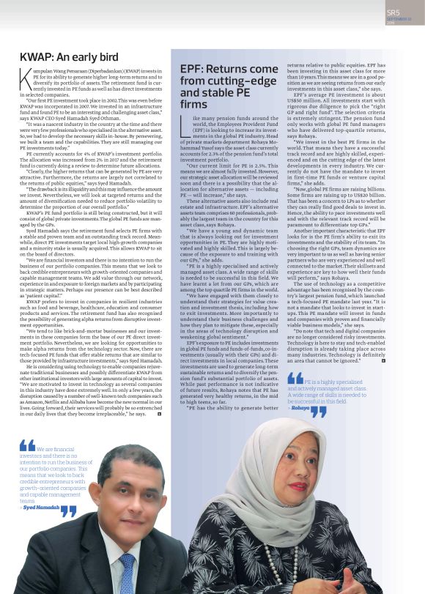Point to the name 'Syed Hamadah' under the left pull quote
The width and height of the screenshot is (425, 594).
[x=42, y=506]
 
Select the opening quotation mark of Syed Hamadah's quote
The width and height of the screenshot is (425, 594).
[x=27, y=445]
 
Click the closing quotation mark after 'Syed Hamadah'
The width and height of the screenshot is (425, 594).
[x=68, y=510]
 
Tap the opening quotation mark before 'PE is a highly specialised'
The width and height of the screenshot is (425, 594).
[x=295, y=379]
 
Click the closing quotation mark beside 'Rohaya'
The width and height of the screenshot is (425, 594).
[x=319, y=411]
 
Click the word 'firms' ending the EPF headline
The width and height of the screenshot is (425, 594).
[x=194, y=105]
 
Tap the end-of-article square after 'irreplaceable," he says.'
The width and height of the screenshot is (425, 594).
[x=159, y=414]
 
